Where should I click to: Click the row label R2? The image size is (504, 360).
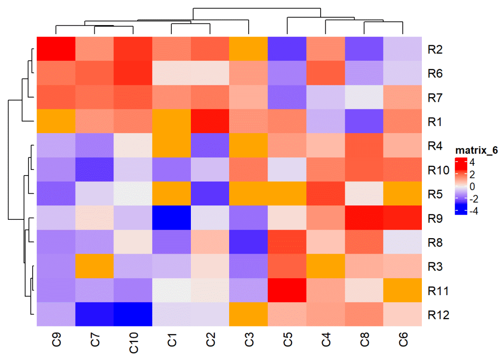click(x=435, y=49)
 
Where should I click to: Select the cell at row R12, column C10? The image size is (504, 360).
click(x=133, y=315)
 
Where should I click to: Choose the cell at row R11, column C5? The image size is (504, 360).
click(x=287, y=290)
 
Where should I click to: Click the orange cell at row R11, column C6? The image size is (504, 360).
click(x=403, y=290)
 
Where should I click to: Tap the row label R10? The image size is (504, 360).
click(x=438, y=170)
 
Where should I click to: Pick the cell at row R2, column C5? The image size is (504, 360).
click(x=287, y=49)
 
